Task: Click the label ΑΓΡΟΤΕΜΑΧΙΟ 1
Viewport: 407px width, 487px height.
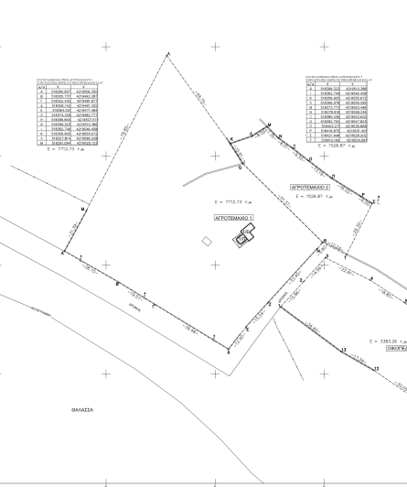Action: click(232, 219)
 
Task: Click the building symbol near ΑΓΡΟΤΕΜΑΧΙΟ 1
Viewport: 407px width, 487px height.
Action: click(243, 241)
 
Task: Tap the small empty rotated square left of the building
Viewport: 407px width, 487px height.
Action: click(208, 241)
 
